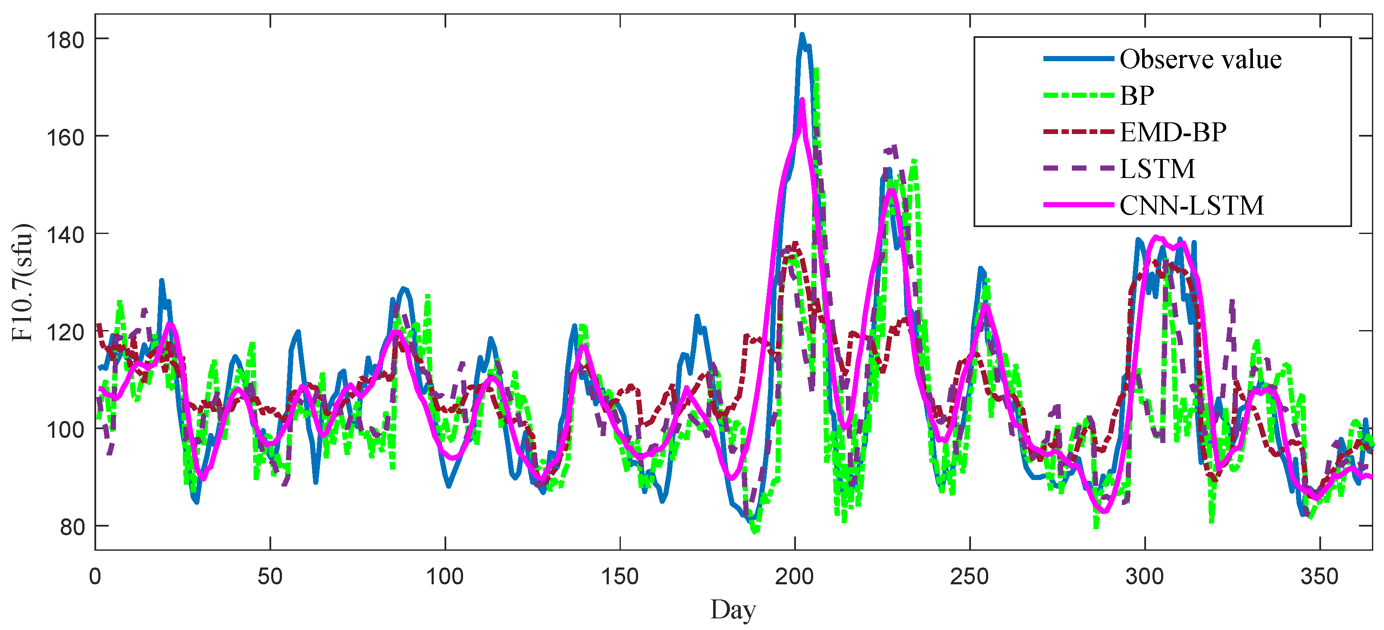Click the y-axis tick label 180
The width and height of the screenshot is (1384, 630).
click(x=66, y=40)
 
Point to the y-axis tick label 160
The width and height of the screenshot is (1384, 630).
click(x=66, y=137)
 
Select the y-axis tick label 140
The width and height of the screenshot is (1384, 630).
click(x=66, y=235)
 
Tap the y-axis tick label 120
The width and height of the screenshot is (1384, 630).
click(x=66, y=333)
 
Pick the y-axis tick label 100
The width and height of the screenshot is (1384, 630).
click(x=66, y=430)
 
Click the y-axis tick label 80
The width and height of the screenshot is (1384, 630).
click(x=72, y=527)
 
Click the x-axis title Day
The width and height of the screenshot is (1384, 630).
click(x=733, y=610)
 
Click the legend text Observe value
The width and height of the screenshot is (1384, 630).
click(x=1200, y=59)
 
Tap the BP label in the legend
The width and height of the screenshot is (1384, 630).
click(x=1137, y=96)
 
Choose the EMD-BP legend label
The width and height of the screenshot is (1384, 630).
click(x=1173, y=132)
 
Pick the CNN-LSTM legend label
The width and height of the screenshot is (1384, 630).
click(x=1192, y=205)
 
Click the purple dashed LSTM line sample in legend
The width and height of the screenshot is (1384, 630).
click(x=1078, y=168)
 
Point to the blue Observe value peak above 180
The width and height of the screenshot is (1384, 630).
click(x=802, y=35)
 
